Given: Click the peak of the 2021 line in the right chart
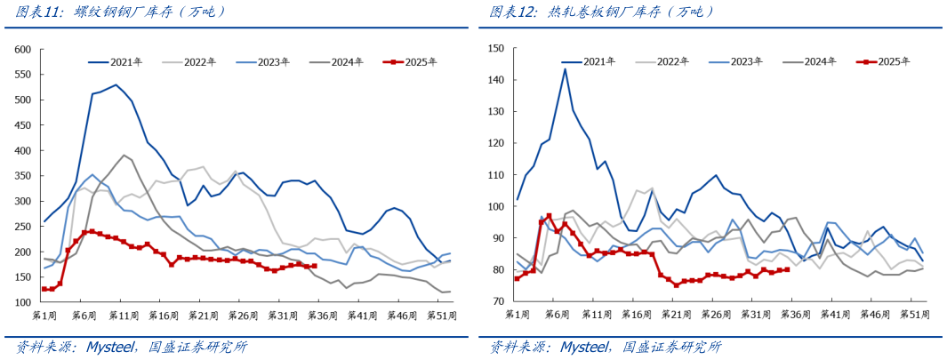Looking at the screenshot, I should [x=565, y=69].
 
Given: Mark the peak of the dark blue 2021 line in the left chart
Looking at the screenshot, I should [x=116, y=85].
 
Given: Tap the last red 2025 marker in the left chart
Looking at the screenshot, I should [x=314, y=266].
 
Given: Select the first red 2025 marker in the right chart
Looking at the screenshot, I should [x=518, y=278].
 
